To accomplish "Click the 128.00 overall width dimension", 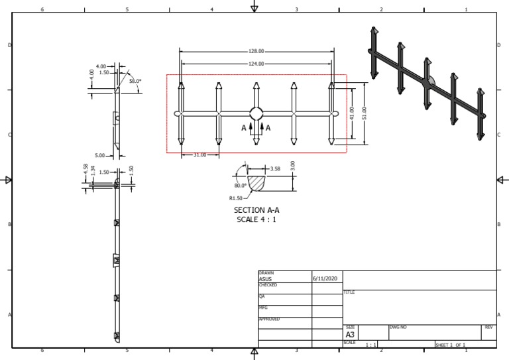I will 256,51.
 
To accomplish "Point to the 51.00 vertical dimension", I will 364,113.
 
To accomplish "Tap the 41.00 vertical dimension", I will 352,113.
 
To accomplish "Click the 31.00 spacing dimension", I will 199,155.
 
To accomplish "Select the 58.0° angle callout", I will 135,81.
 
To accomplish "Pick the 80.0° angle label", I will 240,186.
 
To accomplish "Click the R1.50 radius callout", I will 235,198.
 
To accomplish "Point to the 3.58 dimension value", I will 276,169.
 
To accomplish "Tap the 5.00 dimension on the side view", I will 100,155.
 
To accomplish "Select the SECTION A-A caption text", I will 256,210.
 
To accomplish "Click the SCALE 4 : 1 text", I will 256,219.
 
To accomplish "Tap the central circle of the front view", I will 256,113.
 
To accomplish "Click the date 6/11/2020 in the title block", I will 325,279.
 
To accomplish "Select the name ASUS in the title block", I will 265,279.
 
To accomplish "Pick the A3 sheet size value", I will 351,335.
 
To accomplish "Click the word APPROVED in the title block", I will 269,319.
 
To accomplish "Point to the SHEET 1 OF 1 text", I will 451,345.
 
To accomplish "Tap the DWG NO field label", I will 398,327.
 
